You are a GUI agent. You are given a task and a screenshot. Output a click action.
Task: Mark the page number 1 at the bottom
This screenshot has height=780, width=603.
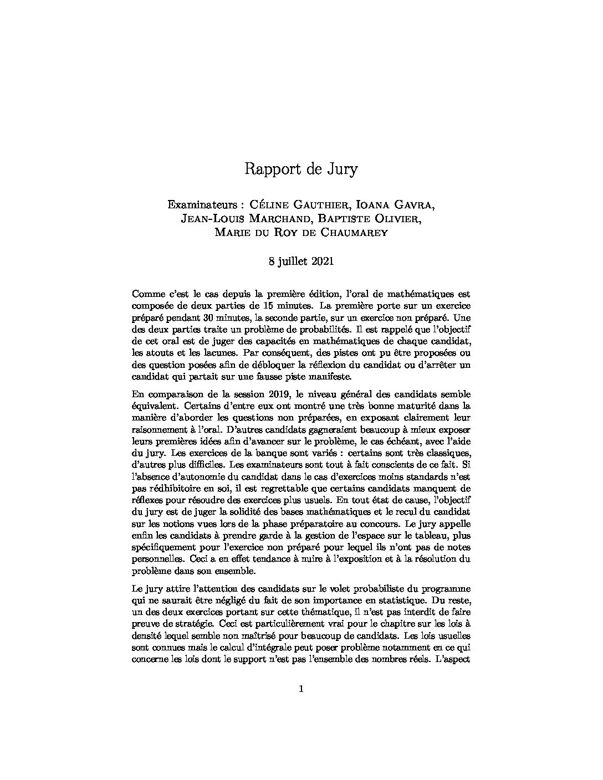[x=301, y=690]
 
